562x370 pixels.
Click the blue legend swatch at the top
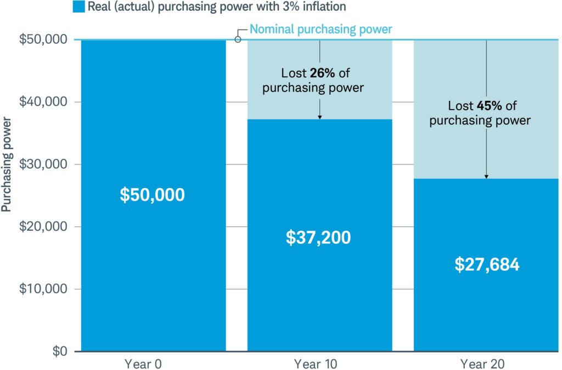(78, 7)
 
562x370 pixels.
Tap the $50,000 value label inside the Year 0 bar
(152, 195)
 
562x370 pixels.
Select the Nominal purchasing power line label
(321, 29)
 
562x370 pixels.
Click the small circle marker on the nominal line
(238, 39)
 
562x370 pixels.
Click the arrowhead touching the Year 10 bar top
(319, 117)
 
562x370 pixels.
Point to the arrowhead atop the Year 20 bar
(486, 176)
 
